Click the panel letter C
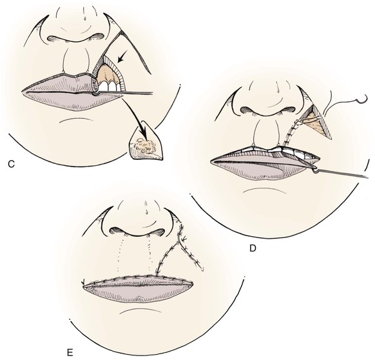11,164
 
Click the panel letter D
253,248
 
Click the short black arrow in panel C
122,58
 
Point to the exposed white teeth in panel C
108,86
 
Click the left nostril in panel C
55,39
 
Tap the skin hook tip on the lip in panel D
316,170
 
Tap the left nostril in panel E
117,231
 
